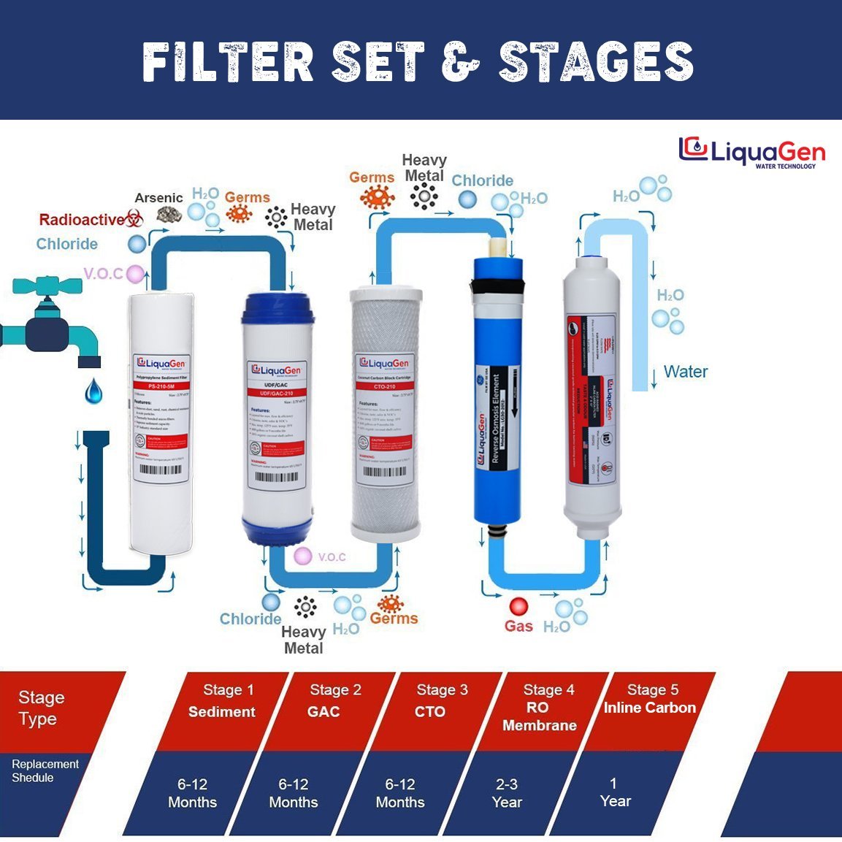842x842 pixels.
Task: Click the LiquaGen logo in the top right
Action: pos(751,152)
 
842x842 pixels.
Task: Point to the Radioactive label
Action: pos(81,220)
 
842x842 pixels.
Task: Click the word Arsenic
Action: pos(158,198)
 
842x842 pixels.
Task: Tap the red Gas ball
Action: pos(518,606)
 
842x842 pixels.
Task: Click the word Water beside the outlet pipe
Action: pos(685,372)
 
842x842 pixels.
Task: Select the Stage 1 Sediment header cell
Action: pos(223,703)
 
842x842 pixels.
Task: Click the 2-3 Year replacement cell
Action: pos(507,793)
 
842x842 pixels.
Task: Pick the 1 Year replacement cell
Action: pos(614,792)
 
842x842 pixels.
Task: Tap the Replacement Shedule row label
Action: pos(45,771)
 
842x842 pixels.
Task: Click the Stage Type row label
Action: pos(42,708)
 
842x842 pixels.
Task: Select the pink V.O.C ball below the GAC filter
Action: pos(302,556)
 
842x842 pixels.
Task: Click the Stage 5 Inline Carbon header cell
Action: pos(651,700)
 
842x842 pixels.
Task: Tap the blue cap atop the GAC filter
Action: pos(278,307)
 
